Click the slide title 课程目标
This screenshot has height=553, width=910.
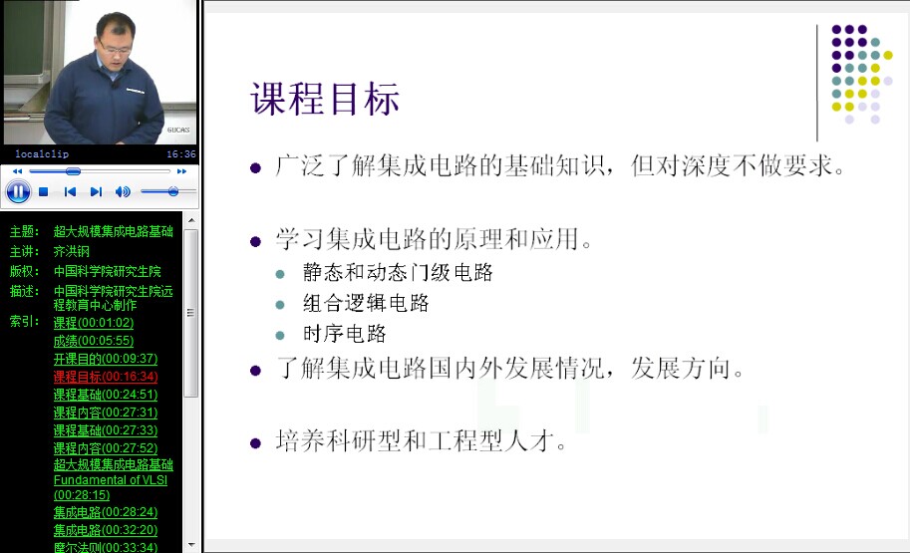click(x=325, y=99)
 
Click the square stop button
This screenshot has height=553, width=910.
click(x=43, y=192)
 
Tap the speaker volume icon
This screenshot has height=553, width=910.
click(x=123, y=192)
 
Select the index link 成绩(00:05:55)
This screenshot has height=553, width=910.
click(x=94, y=341)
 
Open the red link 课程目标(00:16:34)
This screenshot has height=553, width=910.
click(x=106, y=377)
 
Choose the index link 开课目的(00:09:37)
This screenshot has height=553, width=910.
click(x=106, y=359)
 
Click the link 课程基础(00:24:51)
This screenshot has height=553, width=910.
click(x=106, y=395)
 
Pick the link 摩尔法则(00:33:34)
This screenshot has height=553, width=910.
click(x=106, y=547)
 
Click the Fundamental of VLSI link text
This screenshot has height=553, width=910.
click(x=111, y=480)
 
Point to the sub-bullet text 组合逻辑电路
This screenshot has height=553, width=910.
click(x=366, y=303)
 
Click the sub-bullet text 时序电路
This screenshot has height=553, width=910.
click(x=344, y=334)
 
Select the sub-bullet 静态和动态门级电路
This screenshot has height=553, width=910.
click(x=398, y=272)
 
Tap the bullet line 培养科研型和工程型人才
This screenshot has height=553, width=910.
click(x=421, y=441)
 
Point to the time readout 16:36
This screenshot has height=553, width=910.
click(x=181, y=154)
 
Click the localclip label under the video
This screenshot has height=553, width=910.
click(x=42, y=154)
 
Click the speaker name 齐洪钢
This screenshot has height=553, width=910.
click(x=72, y=251)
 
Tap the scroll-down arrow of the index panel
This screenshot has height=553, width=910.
click(x=191, y=545)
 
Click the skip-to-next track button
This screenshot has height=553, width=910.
click(x=96, y=192)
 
